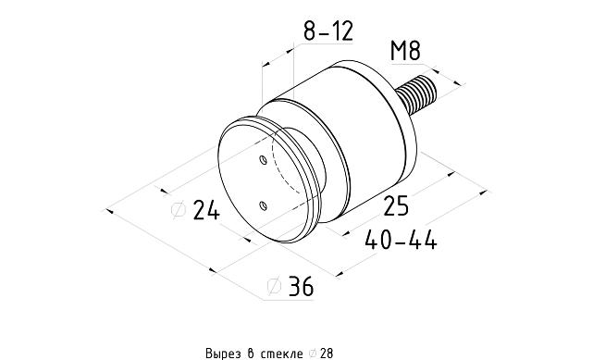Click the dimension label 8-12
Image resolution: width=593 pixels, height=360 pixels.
329,32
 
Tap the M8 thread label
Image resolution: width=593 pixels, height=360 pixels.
406,50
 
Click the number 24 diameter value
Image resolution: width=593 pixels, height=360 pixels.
205,211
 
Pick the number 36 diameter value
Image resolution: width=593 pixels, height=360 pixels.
300,287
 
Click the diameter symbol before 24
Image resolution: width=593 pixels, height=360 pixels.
179,211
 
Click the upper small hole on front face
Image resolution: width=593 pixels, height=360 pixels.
264,161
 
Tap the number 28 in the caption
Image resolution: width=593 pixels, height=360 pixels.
327,353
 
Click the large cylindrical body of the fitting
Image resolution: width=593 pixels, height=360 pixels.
365,139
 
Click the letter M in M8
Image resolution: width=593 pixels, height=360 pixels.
399,50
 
